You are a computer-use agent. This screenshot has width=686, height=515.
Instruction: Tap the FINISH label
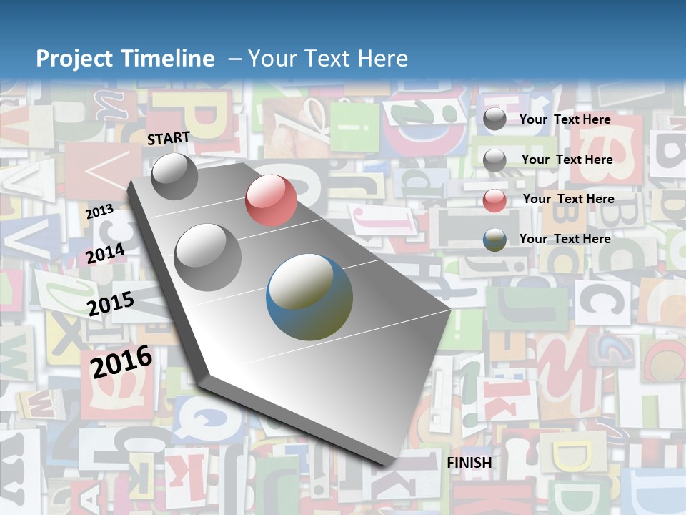click(x=469, y=463)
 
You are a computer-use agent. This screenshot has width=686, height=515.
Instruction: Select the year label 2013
click(x=100, y=212)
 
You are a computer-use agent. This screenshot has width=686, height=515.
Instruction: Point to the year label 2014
click(x=106, y=254)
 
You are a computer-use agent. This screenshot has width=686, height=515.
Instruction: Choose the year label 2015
click(x=111, y=304)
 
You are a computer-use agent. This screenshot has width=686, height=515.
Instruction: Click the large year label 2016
click(x=122, y=361)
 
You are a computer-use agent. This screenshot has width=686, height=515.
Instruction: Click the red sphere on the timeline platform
click(x=271, y=200)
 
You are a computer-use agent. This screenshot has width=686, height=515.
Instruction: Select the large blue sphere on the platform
click(x=309, y=297)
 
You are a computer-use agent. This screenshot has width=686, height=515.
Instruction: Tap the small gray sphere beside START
click(x=174, y=176)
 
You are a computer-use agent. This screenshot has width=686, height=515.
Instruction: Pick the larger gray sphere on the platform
click(x=208, y=257)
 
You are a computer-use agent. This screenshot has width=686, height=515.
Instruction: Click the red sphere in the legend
click(x=494, y=200)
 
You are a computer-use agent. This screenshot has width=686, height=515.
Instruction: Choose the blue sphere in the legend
click(x=494, y=240)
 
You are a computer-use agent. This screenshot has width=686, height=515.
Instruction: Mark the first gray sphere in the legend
click(x=494, y=119)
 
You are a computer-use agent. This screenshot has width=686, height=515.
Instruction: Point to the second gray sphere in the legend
click(x=494, y=160)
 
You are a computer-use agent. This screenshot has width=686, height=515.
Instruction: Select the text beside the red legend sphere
click(x=568, y=199)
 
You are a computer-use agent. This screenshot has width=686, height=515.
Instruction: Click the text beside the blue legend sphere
click(x=565, y=239)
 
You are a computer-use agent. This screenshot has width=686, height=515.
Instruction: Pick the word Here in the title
click(x=382, y=59)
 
